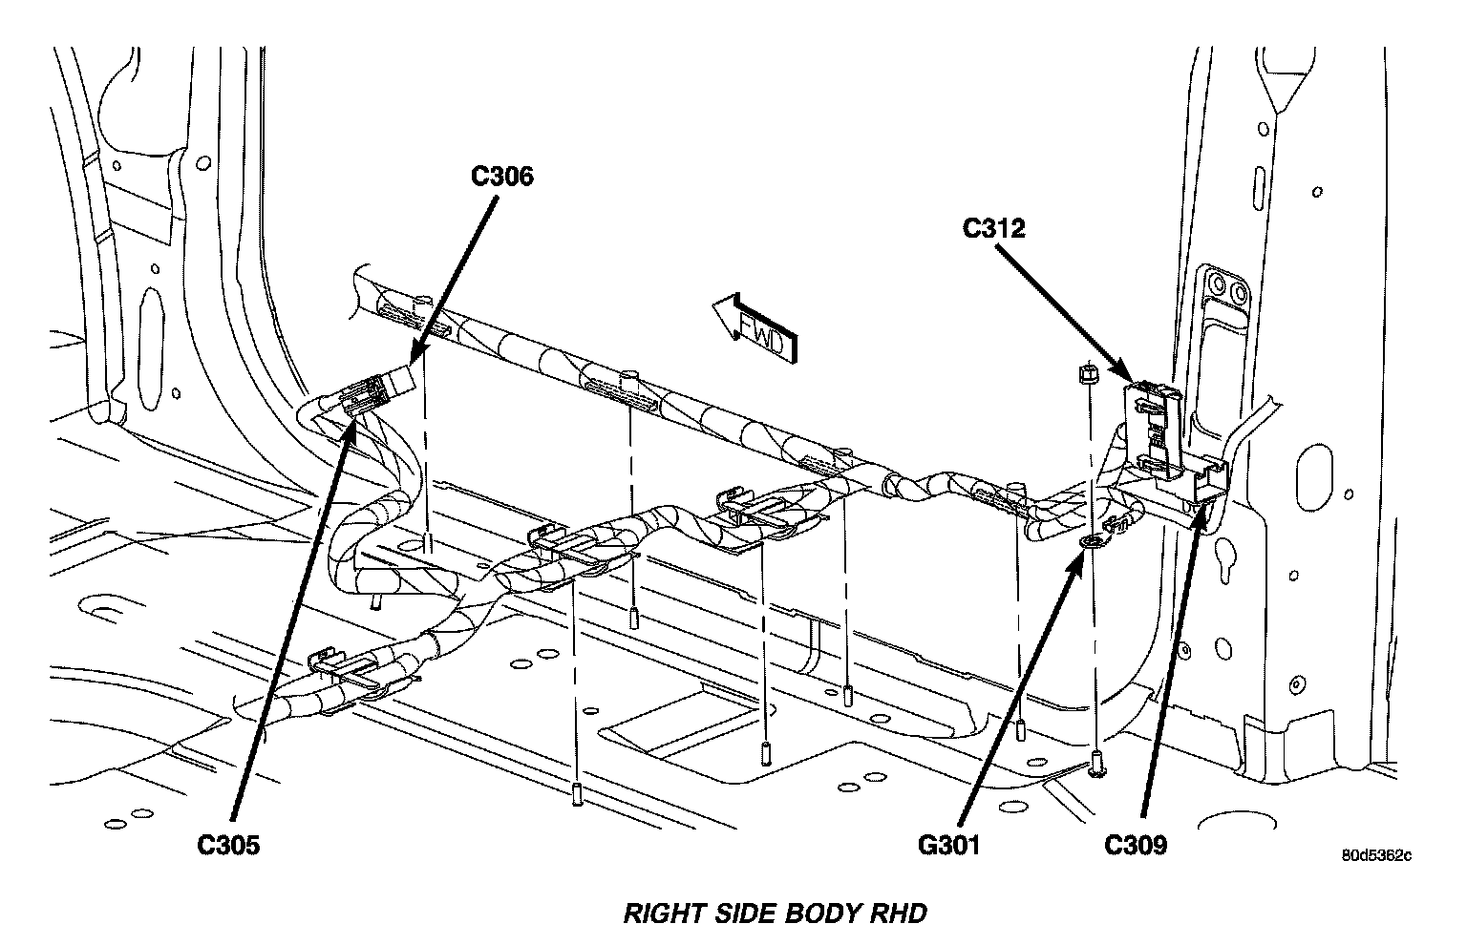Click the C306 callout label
tap(501, 177)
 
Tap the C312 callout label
tap(993, 229)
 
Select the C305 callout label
tap(228, 845)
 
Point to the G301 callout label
tap(948, 845)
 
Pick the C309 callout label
tap(1136, 845)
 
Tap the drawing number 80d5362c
tap(1375, 855)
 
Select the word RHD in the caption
tap(897, 913)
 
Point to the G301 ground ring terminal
tap(1092, 543)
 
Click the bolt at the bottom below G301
tap(1095, 763)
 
